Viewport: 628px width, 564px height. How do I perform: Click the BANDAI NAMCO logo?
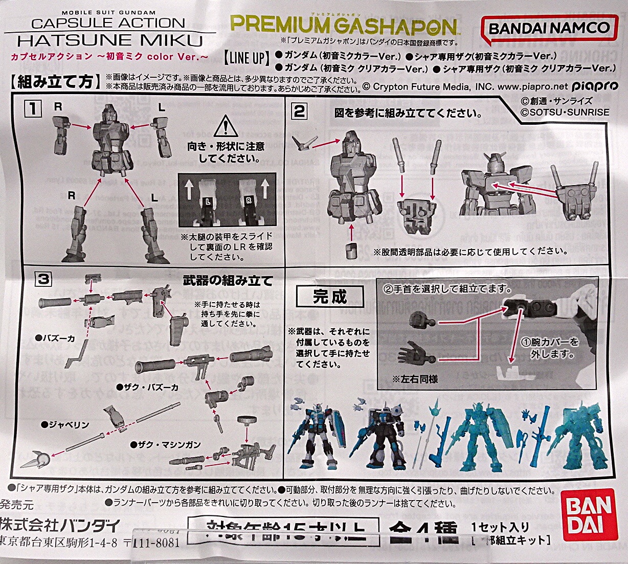click(x=549, y=28)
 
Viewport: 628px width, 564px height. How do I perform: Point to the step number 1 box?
click(x=33, y=108)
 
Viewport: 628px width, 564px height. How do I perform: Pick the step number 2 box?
click(x=300, y=111)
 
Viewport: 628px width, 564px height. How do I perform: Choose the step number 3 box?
click(x=43, y=279)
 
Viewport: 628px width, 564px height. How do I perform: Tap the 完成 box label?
click(x=330, y=297)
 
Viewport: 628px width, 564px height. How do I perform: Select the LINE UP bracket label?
click(x=247, y=57)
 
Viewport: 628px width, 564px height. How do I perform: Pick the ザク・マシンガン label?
click(x=165, y=445)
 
